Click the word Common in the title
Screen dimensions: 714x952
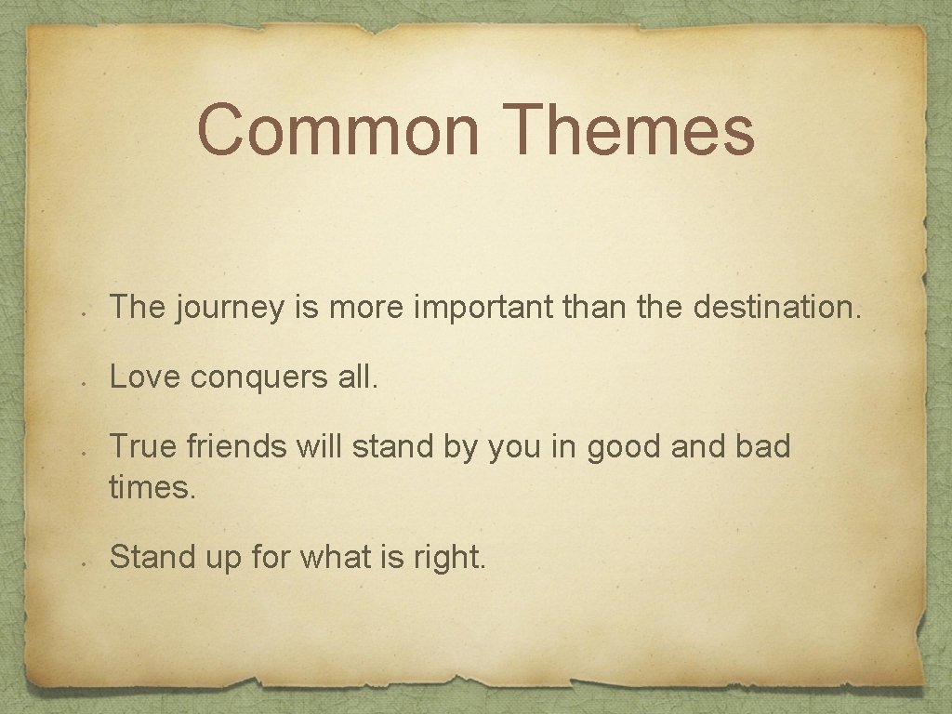pos(338,131)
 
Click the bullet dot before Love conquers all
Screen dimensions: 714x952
pos(84,383)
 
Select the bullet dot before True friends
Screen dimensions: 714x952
pos(84,455)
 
